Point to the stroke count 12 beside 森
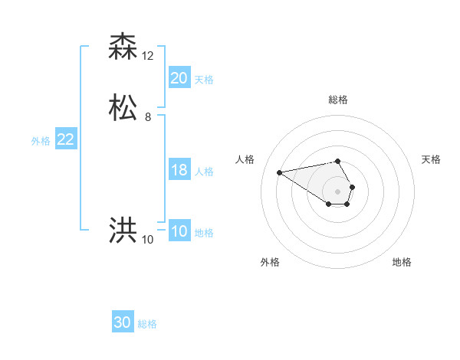tap(148, 56)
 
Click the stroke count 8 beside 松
tap(148, 117)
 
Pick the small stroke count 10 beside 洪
tap(148, 240)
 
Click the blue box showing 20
tap(179, 77)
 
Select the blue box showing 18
tap(179, 170)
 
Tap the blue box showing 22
tap(65, 139)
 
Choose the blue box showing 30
tap(123, 322)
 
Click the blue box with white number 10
tap(179, 231)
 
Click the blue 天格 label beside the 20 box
tap(204, 80)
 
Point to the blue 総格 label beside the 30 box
tap(147, 325)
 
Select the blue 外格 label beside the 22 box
tap(41, 141)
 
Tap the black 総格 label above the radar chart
tap(338, 100)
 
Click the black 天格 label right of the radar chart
tap(431, 159)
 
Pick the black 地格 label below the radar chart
tap(402, 263)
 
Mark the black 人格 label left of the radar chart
tap(245, 159)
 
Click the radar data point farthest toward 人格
tap(279, 172)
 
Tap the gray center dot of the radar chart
tap(338, 191)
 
